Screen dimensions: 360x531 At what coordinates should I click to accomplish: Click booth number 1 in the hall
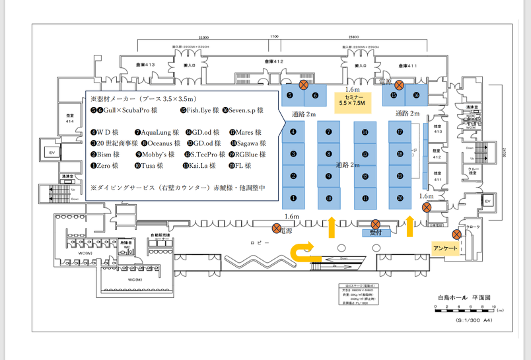coord(293,198)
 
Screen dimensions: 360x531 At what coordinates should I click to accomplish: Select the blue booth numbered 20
coord(400,198)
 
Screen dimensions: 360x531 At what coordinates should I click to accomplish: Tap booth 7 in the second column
coord(328,132)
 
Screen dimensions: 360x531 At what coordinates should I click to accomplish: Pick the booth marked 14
coord(365,132)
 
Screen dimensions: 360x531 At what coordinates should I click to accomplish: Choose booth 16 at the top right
coord(416,95)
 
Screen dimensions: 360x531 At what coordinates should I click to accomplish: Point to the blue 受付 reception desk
coord(374,233)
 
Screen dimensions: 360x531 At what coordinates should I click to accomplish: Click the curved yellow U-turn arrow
coord(303,252)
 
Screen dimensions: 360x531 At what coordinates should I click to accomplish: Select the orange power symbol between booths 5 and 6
coord(304,85)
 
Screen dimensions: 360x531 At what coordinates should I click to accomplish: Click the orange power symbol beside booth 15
coord(399,85)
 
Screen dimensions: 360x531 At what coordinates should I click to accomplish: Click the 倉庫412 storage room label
coord(274,61)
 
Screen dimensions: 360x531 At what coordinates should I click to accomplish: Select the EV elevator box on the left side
coord(51,152)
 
